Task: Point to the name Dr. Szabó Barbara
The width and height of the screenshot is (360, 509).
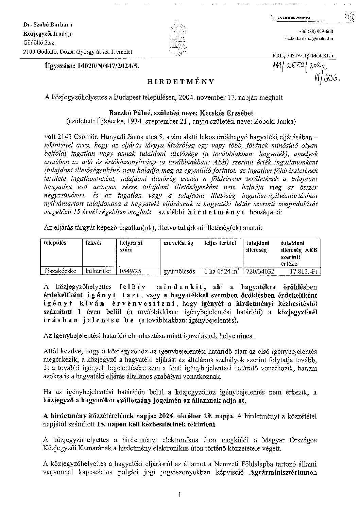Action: coord(47,25)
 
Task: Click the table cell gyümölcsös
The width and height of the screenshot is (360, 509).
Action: coord(179,271)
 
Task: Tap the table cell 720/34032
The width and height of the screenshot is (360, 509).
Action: coord(260,271)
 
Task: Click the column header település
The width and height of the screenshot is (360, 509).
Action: coord(55,243)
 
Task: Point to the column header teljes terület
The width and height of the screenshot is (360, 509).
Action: coord(220,243)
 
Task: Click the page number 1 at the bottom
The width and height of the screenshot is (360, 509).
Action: coord(179,495)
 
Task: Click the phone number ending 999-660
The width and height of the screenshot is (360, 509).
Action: coord(310,31)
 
